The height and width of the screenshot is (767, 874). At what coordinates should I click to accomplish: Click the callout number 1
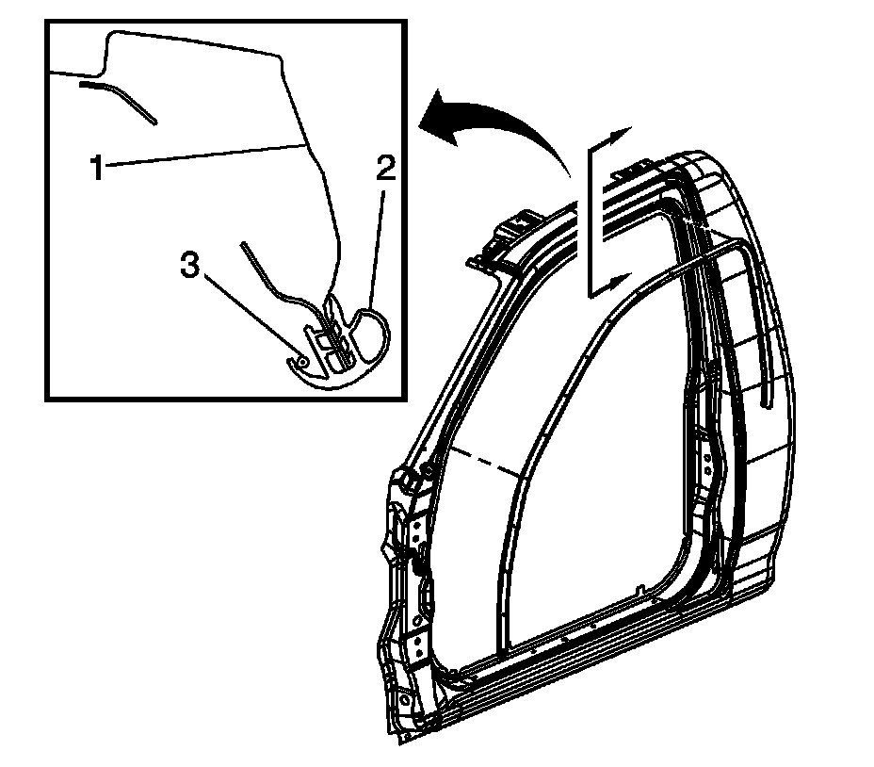coord(96,168)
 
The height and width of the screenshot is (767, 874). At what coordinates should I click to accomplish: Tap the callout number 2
coord(384,170)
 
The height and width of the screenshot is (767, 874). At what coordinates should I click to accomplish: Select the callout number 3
coord(191,267)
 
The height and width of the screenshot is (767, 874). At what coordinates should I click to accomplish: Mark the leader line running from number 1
coord(207,155)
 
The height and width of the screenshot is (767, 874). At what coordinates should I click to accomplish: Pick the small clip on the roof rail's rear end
coord(623,171)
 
